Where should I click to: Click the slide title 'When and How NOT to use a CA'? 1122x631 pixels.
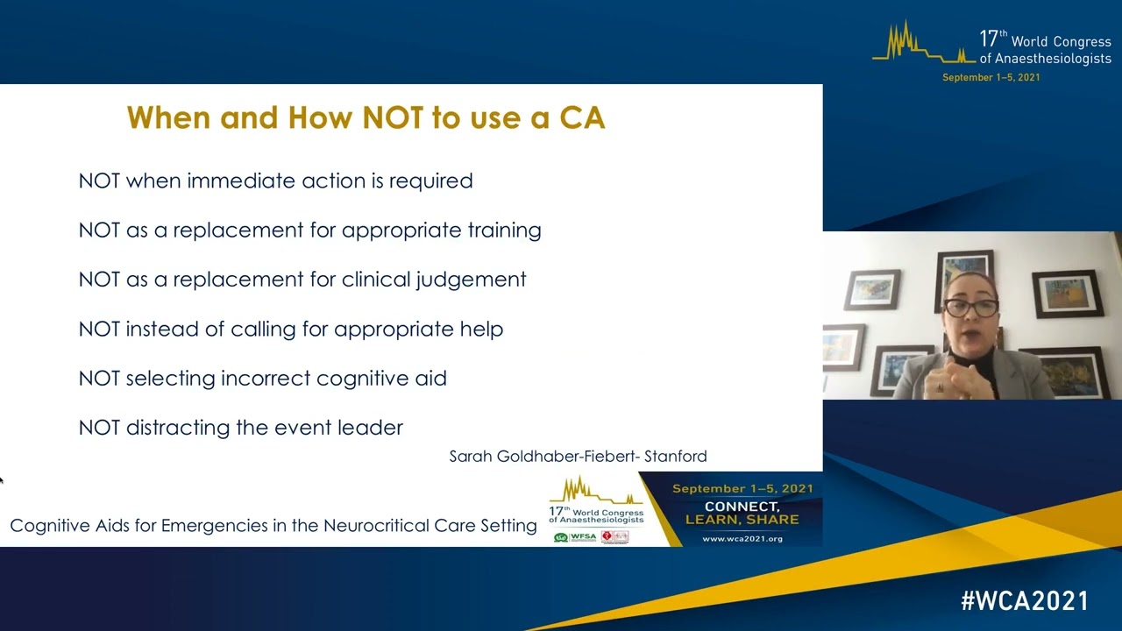click(366, 117)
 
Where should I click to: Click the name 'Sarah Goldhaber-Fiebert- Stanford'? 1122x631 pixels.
click(578, 456)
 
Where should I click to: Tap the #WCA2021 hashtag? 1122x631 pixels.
click(1024, 601)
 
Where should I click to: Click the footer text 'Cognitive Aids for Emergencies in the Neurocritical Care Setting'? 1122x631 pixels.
click(273, 526)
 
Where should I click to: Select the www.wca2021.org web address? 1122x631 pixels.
click(742, 538)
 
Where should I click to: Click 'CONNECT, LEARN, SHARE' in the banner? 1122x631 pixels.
click(742, 513)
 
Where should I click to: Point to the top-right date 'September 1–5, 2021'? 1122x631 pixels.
click(991, 78)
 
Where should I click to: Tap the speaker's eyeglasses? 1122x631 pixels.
click(970, 307)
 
